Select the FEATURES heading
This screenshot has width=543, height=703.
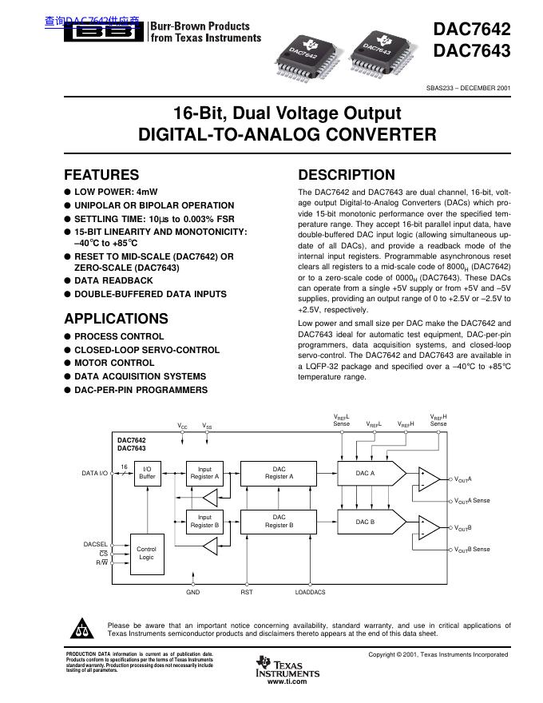[101, 175]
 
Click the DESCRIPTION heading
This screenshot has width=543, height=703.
[346, 175]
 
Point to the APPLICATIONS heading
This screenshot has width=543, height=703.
[116, 318]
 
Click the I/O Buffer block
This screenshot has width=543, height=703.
[147, 473]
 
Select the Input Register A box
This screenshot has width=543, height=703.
[205, 473]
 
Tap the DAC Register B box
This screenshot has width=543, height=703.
[279, 521]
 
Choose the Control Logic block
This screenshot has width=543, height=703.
[146, 553]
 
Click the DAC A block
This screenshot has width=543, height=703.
[366, 473]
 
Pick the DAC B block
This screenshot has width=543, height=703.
[366, 521]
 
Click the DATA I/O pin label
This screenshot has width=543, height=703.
[95, 474]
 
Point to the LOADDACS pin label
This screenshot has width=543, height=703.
[310, 592]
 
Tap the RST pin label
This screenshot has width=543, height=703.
[247, 592]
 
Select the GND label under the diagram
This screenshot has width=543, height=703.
[193, 592]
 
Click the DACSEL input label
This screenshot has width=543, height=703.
[95, 544]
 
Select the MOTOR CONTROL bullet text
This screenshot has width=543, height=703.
[114, 363]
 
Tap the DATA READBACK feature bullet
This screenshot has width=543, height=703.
[113, 280]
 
